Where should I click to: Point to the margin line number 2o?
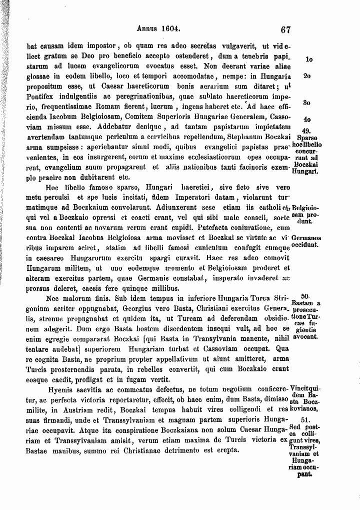(307, 76)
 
